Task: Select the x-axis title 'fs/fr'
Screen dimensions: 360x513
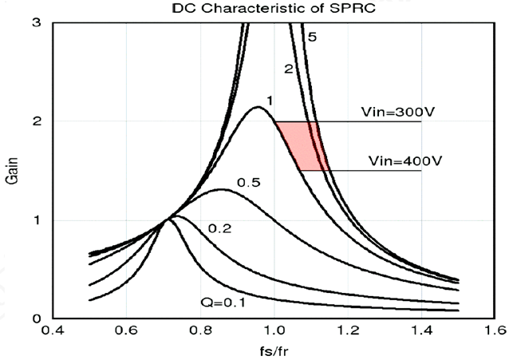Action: click(273, 350)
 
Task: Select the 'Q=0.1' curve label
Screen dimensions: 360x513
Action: click(222, 303)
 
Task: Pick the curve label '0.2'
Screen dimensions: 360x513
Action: click(219, 229)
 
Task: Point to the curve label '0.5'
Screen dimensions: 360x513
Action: click(249, 183)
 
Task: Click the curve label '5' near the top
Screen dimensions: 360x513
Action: click(313, 37)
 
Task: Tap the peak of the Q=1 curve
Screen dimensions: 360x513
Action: click(257, 107)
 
